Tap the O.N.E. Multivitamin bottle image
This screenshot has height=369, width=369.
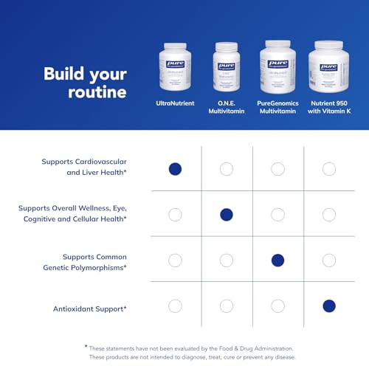pyautogui.click(x=227, y=68)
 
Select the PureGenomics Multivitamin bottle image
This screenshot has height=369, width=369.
pyautogui.click(x=277, y=66)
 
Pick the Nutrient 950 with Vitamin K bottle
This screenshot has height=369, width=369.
pyautogui.click(x=328, y=66)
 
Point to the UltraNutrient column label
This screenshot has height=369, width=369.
pyautogui.click(x=175, y=103)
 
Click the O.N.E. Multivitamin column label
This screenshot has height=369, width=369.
pyautogui.click(x=227, y=108)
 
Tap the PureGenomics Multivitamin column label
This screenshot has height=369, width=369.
pyautogui.click(x=277, y=108)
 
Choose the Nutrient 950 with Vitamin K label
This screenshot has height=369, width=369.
pyautogui.click(x=328, y=108)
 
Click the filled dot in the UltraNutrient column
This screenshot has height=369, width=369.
pyautogui.click(x=175, y=169)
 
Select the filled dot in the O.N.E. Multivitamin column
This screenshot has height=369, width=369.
pyautogui.click(x=227, y=215)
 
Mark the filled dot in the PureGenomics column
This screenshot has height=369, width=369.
pyautogui.click(x=277, y=260)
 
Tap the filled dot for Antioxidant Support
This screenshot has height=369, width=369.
pyautogui.click(x=329, y=306)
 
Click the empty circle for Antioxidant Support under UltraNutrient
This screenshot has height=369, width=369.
pyautogui.click(x=175, y=306)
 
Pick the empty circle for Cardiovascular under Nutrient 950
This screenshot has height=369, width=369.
pyautogui.click(x=329, y=169)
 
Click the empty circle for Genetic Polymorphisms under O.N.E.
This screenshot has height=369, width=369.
pyautogui.click(x=227, y=260)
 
